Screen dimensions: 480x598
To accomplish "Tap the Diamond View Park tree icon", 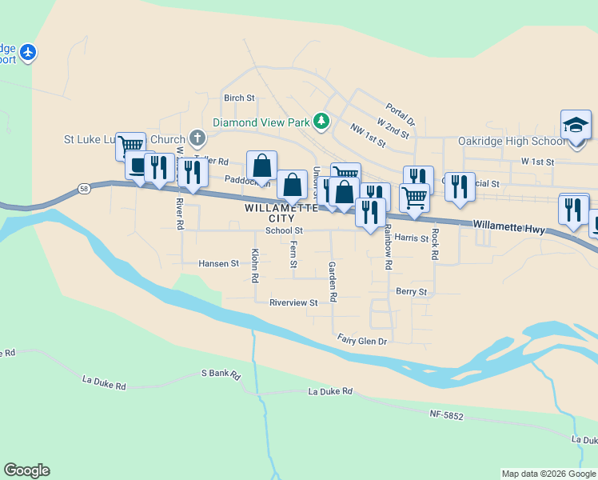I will (321, 122).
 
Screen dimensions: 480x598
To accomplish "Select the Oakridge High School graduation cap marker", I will (575, 126).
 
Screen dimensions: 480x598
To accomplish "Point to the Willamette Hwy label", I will (508, 228).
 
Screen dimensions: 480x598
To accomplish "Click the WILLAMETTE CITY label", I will (270, 213).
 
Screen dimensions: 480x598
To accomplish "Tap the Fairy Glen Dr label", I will (361, 340).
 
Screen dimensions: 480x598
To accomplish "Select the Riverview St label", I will (293, 303).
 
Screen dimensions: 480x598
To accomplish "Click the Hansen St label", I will (218, 263).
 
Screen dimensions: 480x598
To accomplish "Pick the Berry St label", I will (412, 292).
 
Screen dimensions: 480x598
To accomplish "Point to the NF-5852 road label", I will (446, 414).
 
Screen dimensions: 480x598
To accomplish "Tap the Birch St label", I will (239, 98).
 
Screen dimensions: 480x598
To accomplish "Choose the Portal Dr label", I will (400, 114).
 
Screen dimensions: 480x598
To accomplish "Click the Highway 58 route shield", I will (84, 189).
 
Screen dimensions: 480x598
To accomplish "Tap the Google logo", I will (26, 470).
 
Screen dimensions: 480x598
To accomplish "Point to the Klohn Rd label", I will (255, 266).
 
